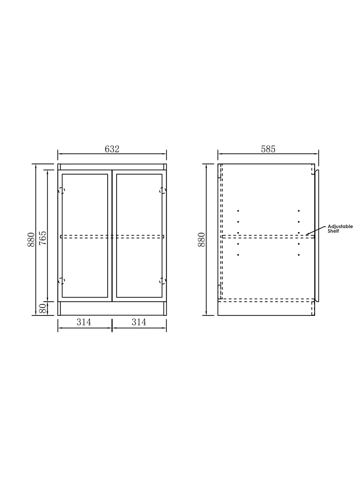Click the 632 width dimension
click(x=112, y=149)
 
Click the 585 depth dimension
click(x=268, y=149)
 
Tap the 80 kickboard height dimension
click(x=43, y=309)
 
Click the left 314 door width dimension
click(x=84, y=322)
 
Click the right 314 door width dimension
click(x=139, y=322)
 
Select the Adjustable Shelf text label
click(x=340, y=229)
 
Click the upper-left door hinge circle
click(x=61, y=190)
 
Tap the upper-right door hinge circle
click(x=163, y=190)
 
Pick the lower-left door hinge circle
click(x=61, y=281)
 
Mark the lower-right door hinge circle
click(x=163, y=281)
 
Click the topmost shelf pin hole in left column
click(x=238, y=211)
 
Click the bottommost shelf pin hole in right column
click(x=299, y=255)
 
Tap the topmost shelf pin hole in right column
click(x=299, y=211)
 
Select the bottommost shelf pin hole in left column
click(x=238, y=255)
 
